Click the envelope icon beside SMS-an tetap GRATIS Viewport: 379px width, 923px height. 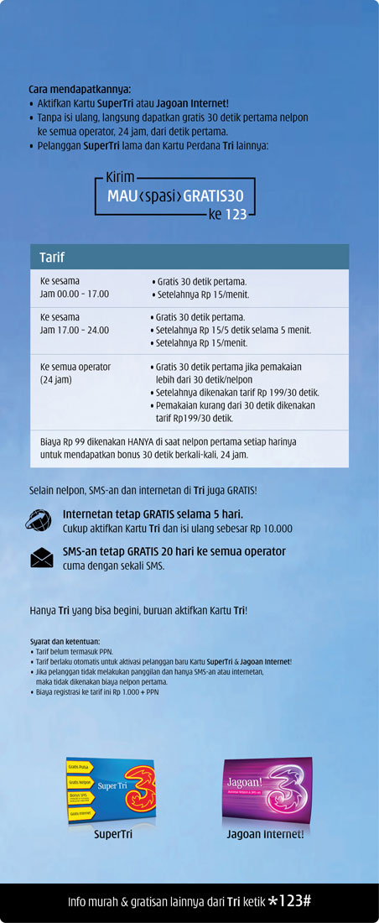tap(41, 557)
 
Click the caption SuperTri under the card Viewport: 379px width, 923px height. tap(112, 835)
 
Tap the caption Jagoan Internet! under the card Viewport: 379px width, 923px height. tap(266, 835)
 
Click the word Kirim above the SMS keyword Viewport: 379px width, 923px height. tap(120, 178)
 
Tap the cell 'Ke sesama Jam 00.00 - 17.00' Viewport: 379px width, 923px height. tap(75, 288)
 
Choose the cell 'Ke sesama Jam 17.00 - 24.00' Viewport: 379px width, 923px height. tap(75, 323)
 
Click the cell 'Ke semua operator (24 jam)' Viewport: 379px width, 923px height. tap(75, 373)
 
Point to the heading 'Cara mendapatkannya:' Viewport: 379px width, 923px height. tap(80, 89)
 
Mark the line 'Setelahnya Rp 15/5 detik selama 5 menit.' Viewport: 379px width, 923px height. tap(232, 330)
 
